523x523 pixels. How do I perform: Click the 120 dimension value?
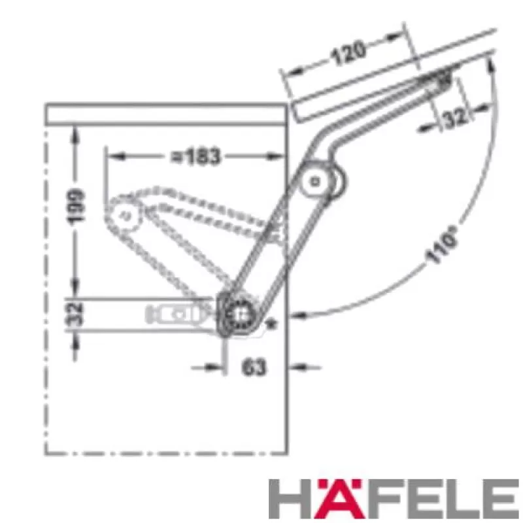[x=348, y=53]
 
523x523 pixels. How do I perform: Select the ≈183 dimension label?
[x=195, y=156]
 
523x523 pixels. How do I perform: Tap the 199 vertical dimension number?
[x=76, y=205]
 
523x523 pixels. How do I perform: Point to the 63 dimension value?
[x=254, y=367]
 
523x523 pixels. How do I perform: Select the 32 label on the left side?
[x=75, y=314]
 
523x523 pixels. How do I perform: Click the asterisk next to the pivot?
[x=272, y=324]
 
